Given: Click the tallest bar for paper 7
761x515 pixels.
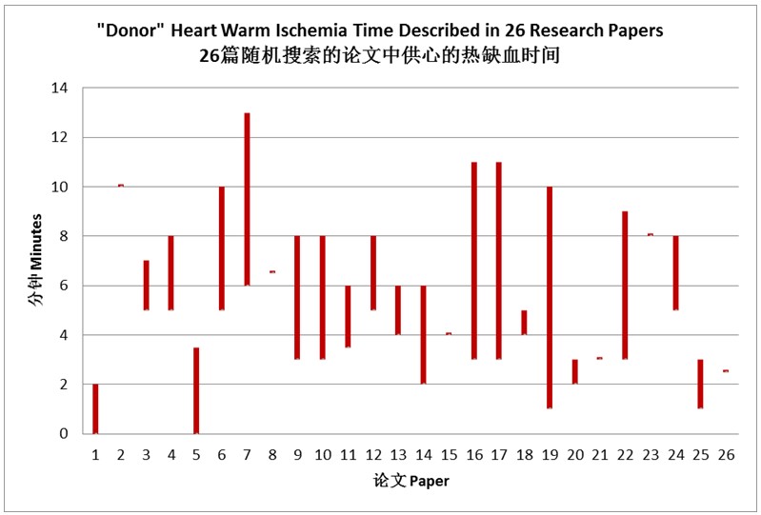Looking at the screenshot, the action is click(247, 199).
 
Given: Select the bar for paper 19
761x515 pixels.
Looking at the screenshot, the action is click(550, 298).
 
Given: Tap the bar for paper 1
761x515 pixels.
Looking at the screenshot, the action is click(95, 408).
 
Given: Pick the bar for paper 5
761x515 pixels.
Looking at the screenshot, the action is click(196, 390).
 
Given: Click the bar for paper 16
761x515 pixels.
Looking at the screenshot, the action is click(474, 261).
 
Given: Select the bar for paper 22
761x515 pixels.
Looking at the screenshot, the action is click(625, 286).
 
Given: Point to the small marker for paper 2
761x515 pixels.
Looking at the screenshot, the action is click(121, 186).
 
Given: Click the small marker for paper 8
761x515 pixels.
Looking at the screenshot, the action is click(272, 271).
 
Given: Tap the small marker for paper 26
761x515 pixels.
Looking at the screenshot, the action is click(726, 371).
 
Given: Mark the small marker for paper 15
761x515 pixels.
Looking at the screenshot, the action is click(449, 333).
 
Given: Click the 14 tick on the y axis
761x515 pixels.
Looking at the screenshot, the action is click(60, 89).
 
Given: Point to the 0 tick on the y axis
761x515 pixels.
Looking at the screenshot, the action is click(64, 433).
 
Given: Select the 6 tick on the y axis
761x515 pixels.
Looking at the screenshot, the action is click(64, 286).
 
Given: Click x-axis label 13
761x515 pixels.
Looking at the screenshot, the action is click(398, 455).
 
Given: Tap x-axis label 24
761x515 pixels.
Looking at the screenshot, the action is click(675, 455).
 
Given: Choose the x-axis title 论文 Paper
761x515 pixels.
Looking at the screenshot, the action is click(411, 481).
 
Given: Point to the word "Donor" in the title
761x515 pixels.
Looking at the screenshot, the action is click(130, 30).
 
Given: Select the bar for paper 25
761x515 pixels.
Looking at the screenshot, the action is click(700, 384).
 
